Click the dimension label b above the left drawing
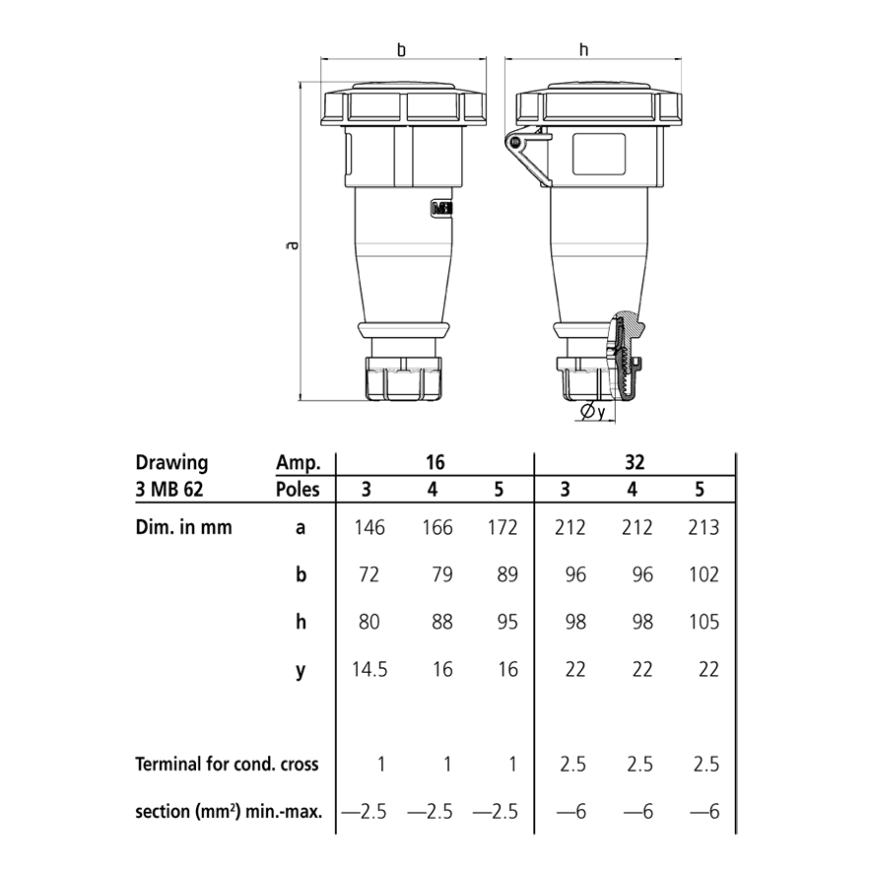pos(401,49)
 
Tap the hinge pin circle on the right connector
pos(514,144)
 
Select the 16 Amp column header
pos(435,461)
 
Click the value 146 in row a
pos(369,527)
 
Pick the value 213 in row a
pos(703,527)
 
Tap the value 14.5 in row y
pos(369,670)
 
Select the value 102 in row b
pos(703,574)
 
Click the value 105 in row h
pos(703,622)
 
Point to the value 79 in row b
pos(441,574)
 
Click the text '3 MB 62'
pos(172,489)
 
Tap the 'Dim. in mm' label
pos(183,527)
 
